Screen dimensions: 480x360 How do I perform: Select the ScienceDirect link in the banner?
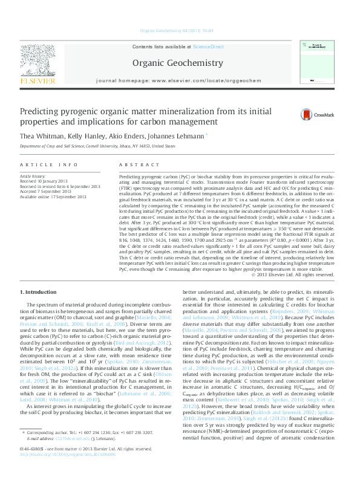(x=208, y=47)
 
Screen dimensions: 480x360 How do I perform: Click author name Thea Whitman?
(x=39, y=137)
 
